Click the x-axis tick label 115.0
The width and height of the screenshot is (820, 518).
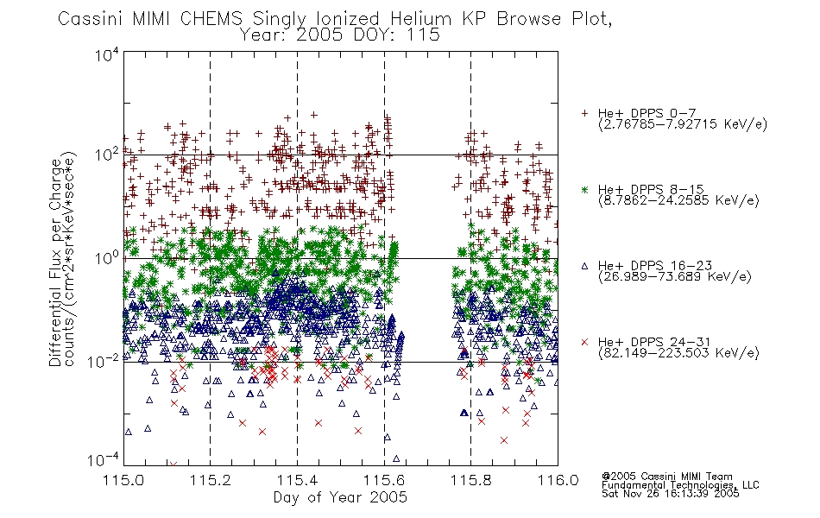coord(123,480)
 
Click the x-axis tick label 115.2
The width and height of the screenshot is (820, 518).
coord(211,480)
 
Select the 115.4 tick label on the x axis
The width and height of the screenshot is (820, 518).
coord(297,480)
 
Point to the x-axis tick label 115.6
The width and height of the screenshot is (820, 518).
coord(384,480)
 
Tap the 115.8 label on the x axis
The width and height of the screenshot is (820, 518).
coord(470,480)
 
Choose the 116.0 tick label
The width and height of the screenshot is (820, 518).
coord(558,480)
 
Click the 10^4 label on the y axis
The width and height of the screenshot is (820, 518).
coord(107,54)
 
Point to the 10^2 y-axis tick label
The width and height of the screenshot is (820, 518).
coord(107,155)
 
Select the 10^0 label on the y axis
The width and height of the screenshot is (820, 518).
coord(107,257)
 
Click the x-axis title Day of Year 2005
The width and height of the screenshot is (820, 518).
coord(340,497)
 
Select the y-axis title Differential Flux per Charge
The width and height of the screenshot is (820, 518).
coord(56,262)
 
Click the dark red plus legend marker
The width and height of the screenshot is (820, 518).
coord(584,113)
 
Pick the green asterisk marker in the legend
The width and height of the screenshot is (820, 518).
coord(584,189)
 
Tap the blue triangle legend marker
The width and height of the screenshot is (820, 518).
coord(584,266)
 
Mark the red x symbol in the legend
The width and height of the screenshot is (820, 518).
coord(584,342)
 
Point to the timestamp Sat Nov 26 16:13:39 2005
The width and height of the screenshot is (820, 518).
coord(671,494)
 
